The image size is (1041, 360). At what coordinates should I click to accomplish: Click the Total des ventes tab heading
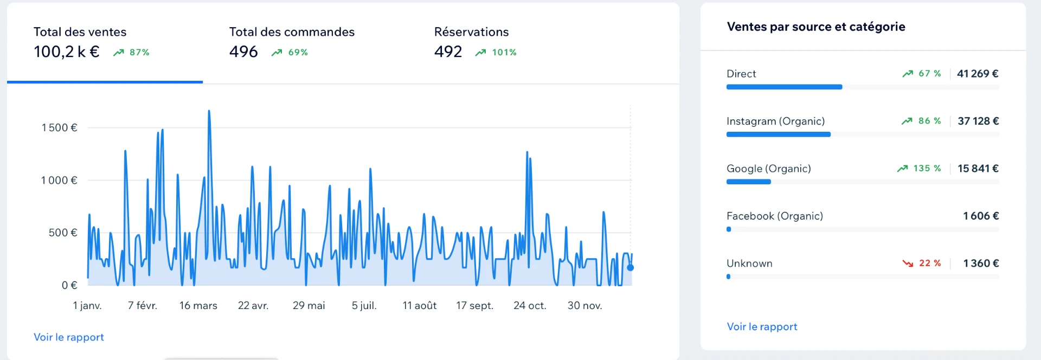80,32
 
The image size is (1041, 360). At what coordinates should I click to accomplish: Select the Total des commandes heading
292,32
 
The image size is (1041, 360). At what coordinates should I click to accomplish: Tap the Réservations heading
471,32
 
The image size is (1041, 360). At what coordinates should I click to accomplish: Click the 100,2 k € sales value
66,52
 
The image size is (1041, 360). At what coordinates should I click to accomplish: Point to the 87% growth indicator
131,52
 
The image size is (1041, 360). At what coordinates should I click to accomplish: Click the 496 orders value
243,52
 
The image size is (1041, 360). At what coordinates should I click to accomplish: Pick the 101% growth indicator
496,52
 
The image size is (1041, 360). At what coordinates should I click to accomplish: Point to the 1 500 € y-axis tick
60,127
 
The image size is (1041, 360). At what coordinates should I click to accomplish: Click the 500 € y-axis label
63,233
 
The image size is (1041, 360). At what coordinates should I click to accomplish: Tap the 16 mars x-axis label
198,305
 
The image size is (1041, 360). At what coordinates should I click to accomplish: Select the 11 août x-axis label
420,305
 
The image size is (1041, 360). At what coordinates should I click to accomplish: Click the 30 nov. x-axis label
584,305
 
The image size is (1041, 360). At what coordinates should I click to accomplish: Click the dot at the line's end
630,267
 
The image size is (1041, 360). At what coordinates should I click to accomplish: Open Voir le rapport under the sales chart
69,337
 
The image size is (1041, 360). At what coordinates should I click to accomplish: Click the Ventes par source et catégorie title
816,27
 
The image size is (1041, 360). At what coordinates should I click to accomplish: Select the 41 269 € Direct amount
978,73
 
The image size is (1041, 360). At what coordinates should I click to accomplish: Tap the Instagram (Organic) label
775,121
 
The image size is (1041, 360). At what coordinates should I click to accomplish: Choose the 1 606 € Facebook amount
981,216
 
